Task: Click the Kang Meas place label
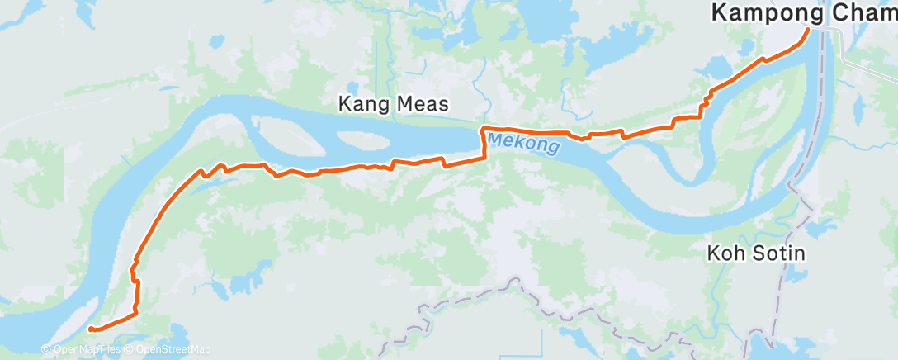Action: coord(394,105)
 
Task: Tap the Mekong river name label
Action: coord(523,144)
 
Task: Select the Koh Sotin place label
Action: coord(756,253)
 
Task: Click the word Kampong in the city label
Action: coord(767,13)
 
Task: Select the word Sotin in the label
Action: coord(776,253)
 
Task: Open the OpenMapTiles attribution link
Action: coord(85,350)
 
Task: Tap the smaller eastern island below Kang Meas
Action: coord(429,140)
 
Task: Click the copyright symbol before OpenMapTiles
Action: coord(45,350)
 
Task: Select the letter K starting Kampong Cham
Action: coord(719,13)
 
